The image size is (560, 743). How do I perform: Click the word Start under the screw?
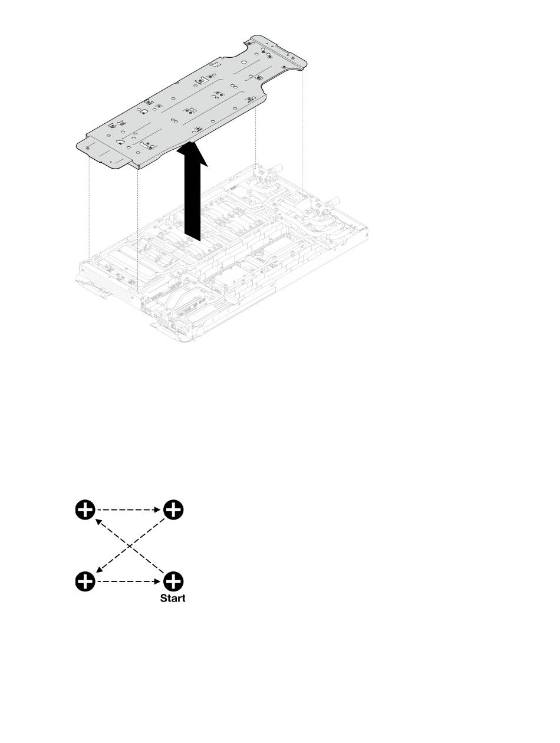pyautogui.click(x=173, y=598)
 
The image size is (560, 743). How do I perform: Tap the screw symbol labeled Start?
pyautogui.click(x=173, y=581)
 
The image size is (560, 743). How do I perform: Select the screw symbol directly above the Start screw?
pyautogui.click(x=173, y=509)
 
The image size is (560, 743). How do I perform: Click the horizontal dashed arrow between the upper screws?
pyautogui.click(x=129, y=509)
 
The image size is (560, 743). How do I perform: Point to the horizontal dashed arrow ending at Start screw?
pyautogui.click(x=129, y=581)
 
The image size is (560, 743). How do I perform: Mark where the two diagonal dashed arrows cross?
pyautogui.click(x=129, y=545)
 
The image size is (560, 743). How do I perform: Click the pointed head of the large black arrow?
pyautogui.click(x=192, y=154)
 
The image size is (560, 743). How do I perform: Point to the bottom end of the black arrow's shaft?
pyautogui.click(x=192, y=238)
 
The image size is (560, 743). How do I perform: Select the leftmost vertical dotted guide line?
pyautogui.click(x=89, y=206)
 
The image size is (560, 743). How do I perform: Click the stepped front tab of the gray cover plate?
pyautogui.click(x=109, y=157)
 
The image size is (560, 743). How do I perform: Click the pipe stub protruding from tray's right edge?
pyautogui.click(x=334, y=200)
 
